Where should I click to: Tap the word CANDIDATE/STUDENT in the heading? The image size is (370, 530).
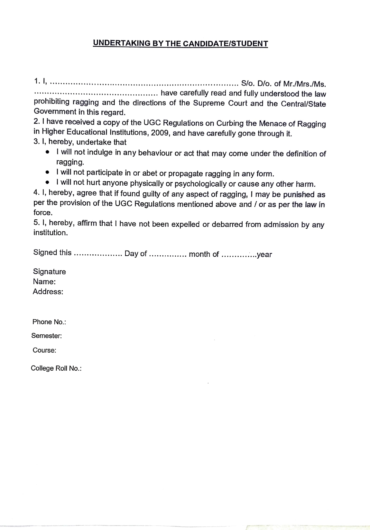(225, 44)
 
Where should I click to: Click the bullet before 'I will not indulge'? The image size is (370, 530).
(48, 152)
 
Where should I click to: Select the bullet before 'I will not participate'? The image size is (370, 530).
(48, 172)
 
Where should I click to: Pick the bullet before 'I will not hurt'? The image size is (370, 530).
(48, 182)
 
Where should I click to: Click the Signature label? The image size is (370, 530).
(49, 271)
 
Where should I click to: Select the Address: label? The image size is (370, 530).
(48, 292)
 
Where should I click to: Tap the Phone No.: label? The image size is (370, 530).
(49, 322)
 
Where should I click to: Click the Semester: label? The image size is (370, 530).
(47, 336)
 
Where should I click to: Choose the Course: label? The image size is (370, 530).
(44, 350)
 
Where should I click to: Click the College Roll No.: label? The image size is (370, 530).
(56, 368)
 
